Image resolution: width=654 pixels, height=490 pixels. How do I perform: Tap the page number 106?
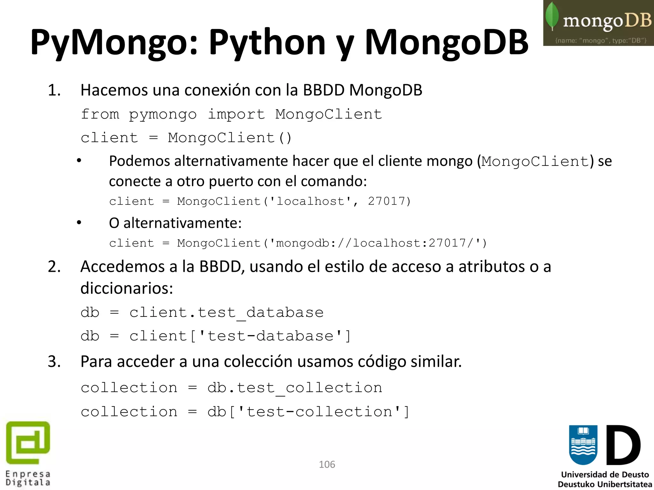[x=327, y=464]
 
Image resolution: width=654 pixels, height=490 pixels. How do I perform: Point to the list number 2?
[x=54, y=267]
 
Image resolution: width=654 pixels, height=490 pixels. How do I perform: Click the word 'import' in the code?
[x=236, y=114]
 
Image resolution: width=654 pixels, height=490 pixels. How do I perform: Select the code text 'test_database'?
[x=261, y=313]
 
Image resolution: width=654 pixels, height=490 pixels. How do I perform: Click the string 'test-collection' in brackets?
[x=319, y=412]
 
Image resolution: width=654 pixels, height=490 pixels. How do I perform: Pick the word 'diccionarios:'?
[x=126, y=288]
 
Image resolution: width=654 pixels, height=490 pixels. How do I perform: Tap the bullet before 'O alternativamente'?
[x=79, y=223]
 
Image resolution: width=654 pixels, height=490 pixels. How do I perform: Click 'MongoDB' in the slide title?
[x=446, y=42]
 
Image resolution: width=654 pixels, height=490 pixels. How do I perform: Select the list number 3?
[x=54, y=362]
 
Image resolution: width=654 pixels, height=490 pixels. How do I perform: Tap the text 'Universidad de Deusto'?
[x=605, y=474]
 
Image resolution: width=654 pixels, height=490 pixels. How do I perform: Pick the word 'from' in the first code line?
[x=100, y=114]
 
